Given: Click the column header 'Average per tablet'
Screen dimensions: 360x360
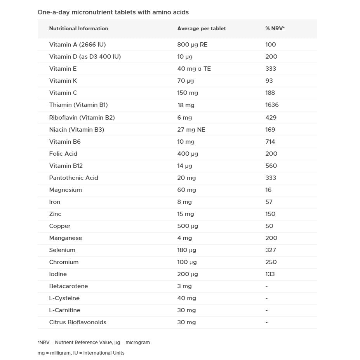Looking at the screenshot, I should coord(201,28).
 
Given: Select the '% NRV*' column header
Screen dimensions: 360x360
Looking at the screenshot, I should coord(275,28).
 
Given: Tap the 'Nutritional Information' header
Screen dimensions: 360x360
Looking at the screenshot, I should coord(78,28).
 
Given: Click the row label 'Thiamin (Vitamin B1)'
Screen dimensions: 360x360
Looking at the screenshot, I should coord(78,105).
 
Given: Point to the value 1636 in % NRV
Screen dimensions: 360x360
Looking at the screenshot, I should coord(272,105).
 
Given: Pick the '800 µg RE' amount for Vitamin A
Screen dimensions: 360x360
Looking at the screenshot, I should coord(192,45).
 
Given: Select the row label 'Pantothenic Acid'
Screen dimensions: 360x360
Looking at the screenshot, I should coord(73,178).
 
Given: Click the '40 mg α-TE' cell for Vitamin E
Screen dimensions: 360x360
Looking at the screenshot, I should coord(194,69).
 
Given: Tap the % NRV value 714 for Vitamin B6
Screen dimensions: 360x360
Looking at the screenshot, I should coord(270,142).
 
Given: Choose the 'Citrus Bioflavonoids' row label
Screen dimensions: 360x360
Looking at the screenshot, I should coord(77,322).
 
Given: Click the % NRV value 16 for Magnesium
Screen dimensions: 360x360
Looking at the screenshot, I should coord(268,190).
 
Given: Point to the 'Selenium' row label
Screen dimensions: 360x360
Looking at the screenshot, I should coord(62,250).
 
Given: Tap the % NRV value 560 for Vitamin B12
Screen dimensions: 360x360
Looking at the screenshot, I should coord(271,166).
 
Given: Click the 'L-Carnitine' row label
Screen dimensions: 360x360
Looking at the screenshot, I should coord(64,310).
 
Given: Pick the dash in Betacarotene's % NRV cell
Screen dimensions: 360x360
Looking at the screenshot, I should coord(266,286).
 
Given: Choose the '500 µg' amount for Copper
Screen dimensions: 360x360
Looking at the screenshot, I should coord(188,226).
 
